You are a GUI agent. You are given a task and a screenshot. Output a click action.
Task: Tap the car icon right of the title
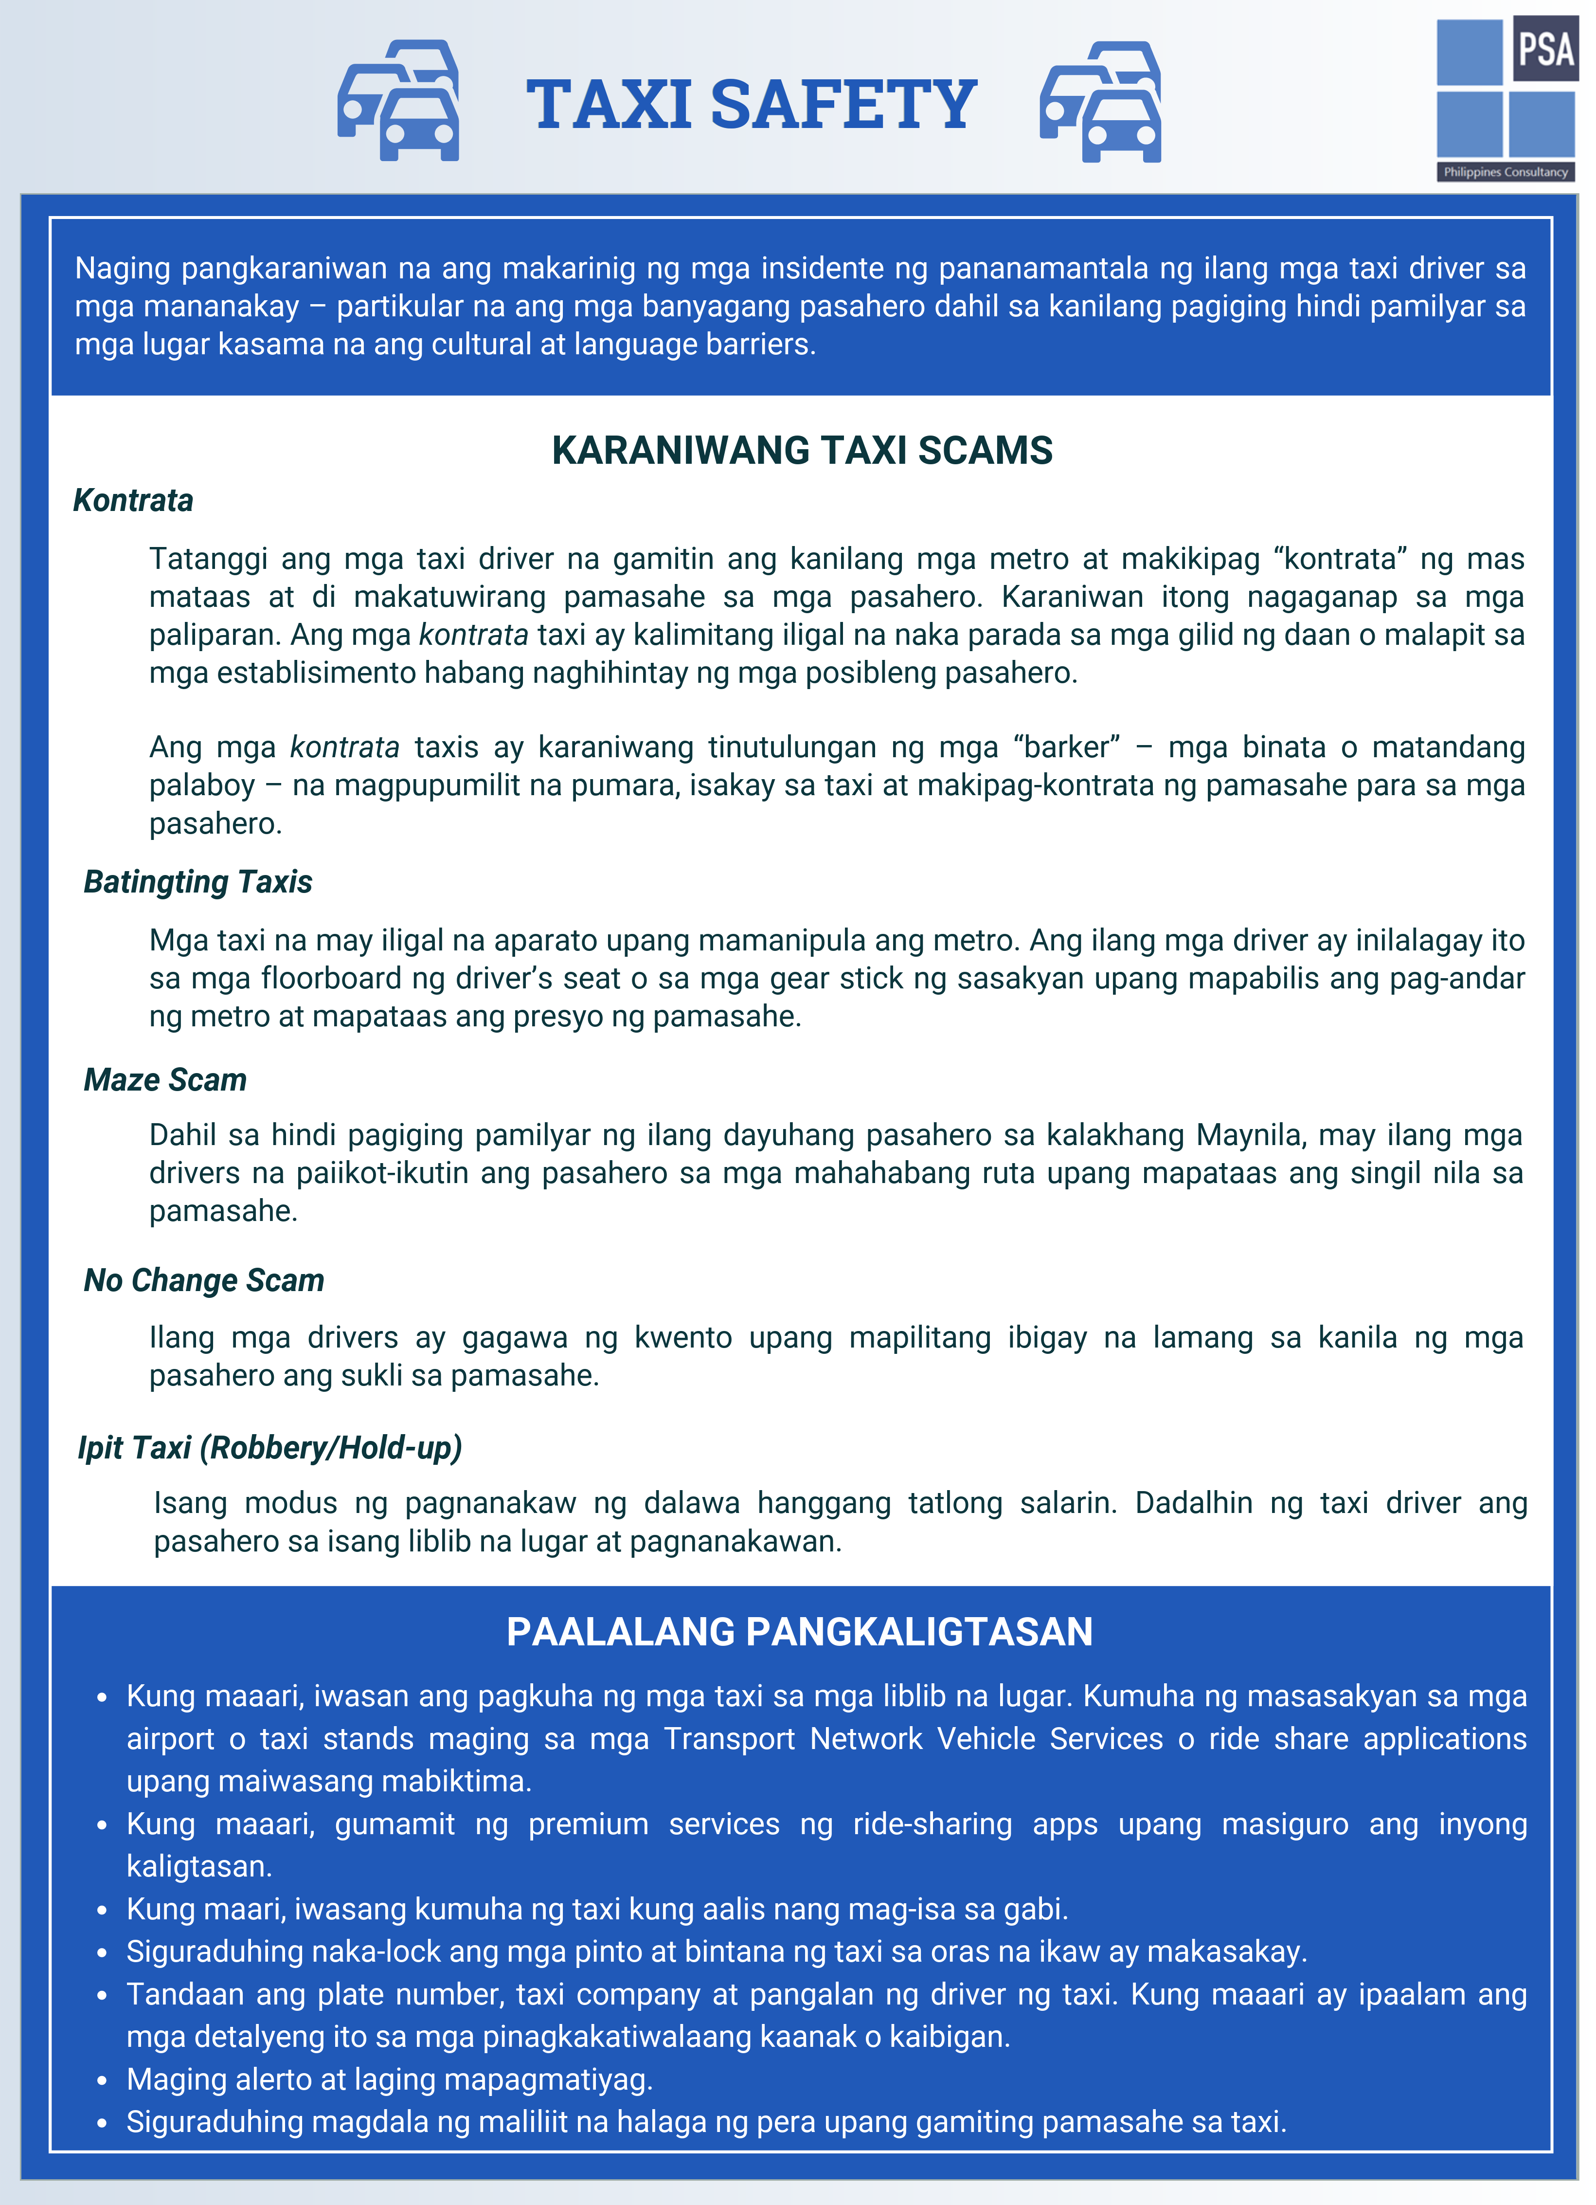point(1100,102)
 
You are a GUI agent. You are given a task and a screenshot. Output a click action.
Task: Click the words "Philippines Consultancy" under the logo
point(1506,172)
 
